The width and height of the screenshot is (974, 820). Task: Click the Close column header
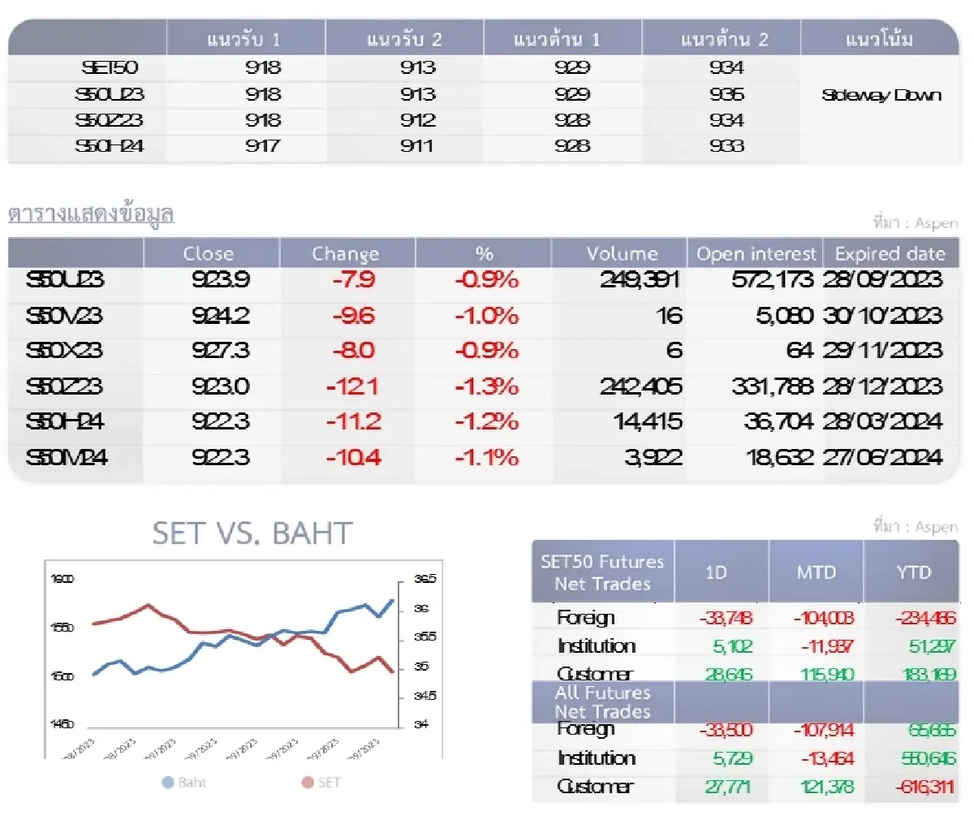pyautogui.click(x=209, y=253)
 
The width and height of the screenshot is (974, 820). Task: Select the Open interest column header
pyautogui.click(x=756, y=253)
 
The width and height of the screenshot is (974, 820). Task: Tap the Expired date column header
pyautogui.click(x=890, y=253)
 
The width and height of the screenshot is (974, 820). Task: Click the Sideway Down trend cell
pyautogui.click(x=881, y=95)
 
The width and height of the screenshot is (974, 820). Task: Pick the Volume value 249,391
pyautogui.click(x=640, y=280)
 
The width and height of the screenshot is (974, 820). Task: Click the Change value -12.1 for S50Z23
pyautogui.click(x=351, y=386)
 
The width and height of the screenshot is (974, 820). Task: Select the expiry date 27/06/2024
pyautogui.click(x=882, y=458)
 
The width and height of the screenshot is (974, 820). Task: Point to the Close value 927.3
pyautogui.click(x=221, y=351)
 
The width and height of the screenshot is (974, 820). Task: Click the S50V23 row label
pyautogui.click(x=64, y=316)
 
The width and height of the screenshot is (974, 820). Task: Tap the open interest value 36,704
pyautogui.click(x=778, y=422)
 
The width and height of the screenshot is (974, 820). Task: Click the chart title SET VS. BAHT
pyautogui.click(x=252, y=533)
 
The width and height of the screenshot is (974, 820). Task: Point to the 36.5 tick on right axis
pyautogui.click(x=425, y=579)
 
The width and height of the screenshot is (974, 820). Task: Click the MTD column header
pyautogui.click(x=816, y=572)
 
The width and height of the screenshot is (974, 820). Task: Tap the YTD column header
pyautogui.click(x=913, y=572)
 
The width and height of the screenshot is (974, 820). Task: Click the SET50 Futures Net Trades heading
pyautogui.click(x=602, y=572)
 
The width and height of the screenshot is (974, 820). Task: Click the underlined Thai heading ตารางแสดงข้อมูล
pyautogui.click(x=91, y=214)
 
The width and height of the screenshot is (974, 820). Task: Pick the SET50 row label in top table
pyautogui.click(x=110, y=68)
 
